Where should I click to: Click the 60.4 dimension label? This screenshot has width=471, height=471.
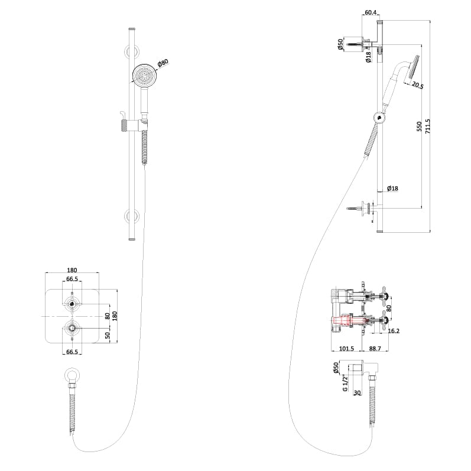coord(371,12)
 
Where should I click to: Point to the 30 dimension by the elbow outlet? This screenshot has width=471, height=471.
coord(356,392)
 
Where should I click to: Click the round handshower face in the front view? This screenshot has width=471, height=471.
coord(142,76)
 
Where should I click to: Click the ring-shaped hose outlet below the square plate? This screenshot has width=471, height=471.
coord(72,375)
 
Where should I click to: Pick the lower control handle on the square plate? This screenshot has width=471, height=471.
coord(72,327)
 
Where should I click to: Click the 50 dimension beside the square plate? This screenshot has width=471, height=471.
coord(108,335)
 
